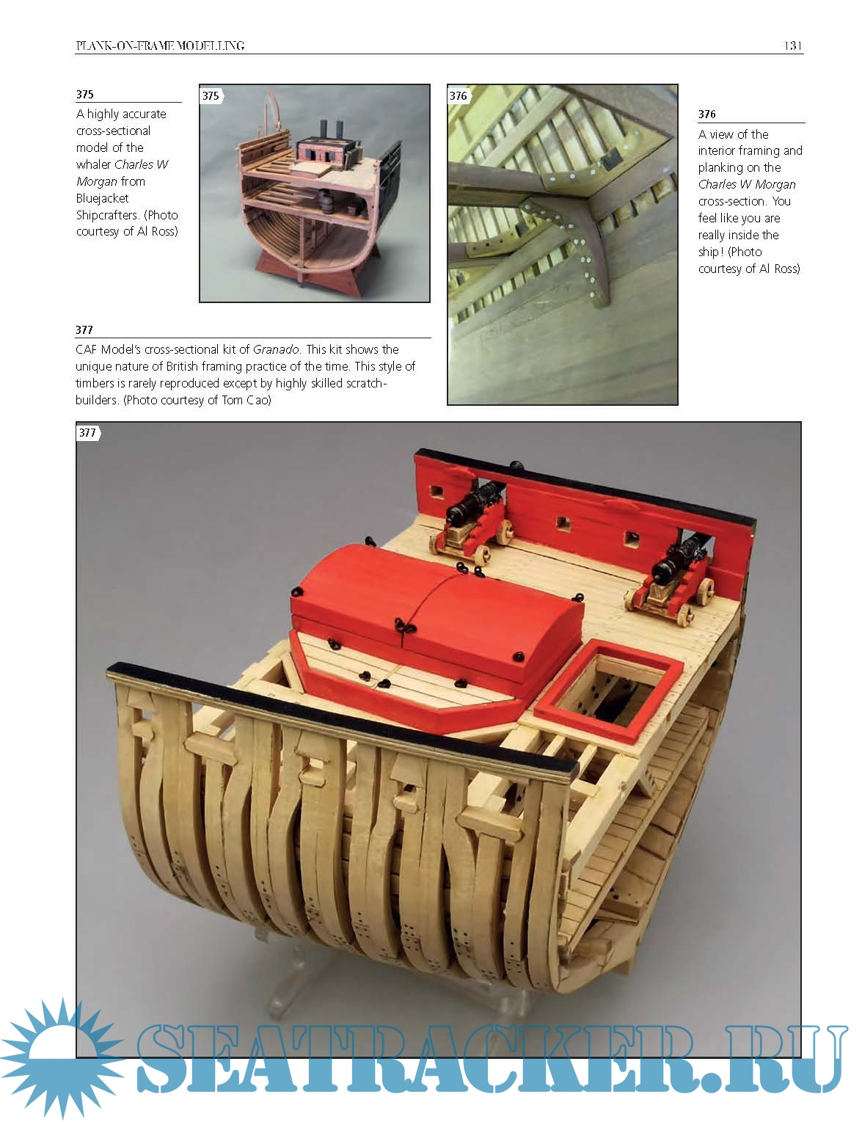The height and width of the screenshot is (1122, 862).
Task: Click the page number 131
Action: click(793, 45)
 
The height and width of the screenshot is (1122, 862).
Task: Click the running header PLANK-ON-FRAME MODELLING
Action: click(160, 46)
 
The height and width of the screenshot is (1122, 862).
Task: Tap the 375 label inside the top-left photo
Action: click(211, 95)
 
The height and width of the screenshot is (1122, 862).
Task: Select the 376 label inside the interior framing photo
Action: click(459, 95)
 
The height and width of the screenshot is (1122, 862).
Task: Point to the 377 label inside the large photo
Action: click(88, 433)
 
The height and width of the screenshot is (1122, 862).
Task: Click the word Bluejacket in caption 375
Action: click(102, 198)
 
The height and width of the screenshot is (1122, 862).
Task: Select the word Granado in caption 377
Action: click(276, 349)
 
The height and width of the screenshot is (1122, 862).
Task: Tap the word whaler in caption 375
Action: click(93, 164)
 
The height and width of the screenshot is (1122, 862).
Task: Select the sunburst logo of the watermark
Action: click(61, 1058)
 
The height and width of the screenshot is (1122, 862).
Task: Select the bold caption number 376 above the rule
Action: click(706, 114)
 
